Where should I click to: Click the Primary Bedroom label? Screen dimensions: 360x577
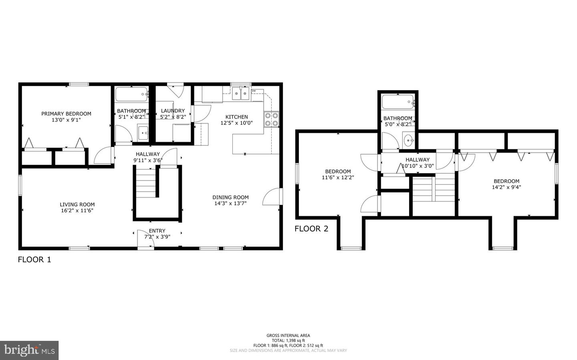(66, 114)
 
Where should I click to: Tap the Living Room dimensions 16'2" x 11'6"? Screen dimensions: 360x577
(77, 211)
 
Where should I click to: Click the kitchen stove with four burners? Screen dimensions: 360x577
(271, 120)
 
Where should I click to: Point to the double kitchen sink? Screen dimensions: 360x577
(241, 95)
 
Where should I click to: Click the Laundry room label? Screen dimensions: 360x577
(173, 111)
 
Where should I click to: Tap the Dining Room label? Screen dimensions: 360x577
(230, 197)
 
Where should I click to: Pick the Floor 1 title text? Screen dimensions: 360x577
(34, 259)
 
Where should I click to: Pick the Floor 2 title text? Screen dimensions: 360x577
(311, 229)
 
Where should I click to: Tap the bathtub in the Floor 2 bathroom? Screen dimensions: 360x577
(397, 102)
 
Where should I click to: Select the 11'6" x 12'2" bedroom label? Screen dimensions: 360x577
(338, 177)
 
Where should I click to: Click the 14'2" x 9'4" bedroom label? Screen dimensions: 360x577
(506, 187)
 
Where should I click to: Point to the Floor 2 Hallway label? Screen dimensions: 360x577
(417, 160)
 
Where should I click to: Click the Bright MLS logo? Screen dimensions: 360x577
(29, 350)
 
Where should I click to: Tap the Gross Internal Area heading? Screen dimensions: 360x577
(288, 336)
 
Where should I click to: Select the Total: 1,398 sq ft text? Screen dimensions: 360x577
(288, 340)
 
